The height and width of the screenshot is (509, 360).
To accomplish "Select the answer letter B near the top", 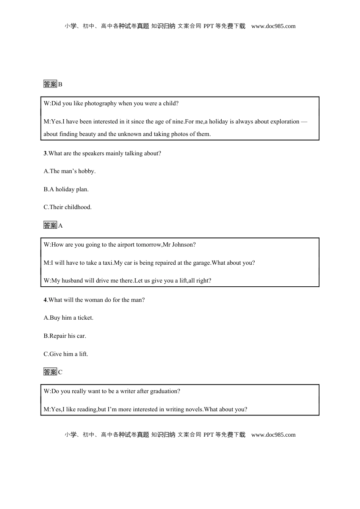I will [x=60, y=84].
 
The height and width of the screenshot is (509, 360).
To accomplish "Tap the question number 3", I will [x=45, y=153].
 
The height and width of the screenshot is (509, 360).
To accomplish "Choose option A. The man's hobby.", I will [x=69, y=171].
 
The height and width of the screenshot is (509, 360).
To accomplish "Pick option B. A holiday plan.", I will [x=66, y=189].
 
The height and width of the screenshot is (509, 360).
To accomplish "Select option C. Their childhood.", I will [x=67, y=207].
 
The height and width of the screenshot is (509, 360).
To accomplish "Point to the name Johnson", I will [x=183, y=245].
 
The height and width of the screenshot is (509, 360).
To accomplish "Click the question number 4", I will [x=45, y=300].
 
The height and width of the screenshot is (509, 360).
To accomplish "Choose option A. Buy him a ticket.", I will [x=68, y=318].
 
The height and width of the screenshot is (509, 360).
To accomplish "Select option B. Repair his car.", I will [x=65, y=336].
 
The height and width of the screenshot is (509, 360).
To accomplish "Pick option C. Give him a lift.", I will [x=66, y=354].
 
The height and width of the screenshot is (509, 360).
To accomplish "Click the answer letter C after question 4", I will [x=60, y=372].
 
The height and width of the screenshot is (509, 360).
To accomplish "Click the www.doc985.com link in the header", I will [x=273, y=26].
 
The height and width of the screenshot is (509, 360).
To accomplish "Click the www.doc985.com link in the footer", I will [x=273, y=435].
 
